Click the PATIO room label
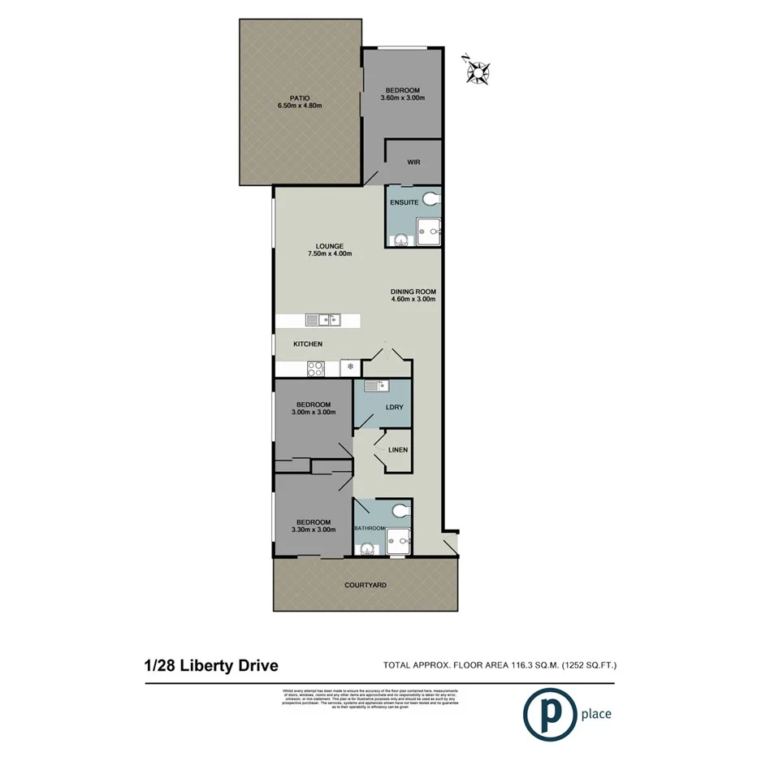300,97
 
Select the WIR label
414,162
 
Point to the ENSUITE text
404,201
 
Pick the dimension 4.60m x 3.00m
414,299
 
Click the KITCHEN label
308,344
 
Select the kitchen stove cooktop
315,368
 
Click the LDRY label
396,407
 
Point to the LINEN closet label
397,449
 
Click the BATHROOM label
369,528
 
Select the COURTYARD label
365,584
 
